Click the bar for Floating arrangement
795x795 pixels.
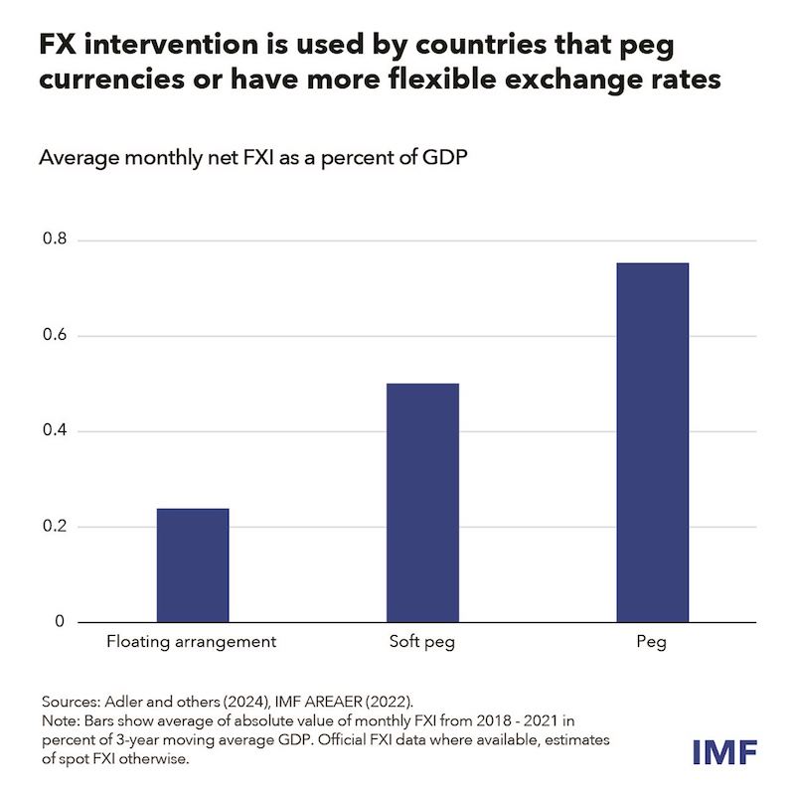(x=193, y=565)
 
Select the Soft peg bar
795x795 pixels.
(x=422, y=503)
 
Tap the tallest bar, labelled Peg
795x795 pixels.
(x=652, y=442)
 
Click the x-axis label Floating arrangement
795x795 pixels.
(x=191, y=643)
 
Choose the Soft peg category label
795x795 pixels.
(x=422, y=643)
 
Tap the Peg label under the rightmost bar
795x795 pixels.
(x=652, y=643)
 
